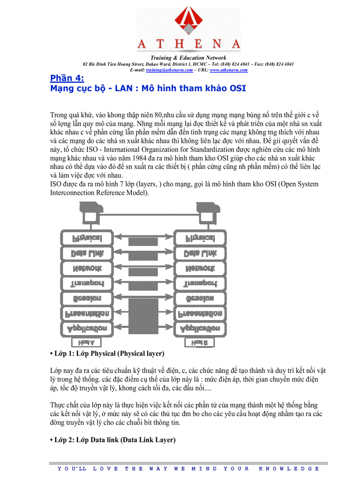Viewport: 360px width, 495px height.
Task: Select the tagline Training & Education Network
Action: pyautogui.click(x=188, y=58)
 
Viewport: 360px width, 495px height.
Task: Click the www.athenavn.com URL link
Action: pyautogui.click(x=229, y=70)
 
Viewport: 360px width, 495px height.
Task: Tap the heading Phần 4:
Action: pyautogui.click(x=67, y=78)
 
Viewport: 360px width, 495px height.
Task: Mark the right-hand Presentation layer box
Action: pyautogui.click(x=200, y=313)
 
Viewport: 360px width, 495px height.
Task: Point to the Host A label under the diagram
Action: pyautogui.click(x=83, y=342)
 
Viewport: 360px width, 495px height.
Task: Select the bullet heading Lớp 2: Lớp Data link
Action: pyautogui.click(x=113, y=440)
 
